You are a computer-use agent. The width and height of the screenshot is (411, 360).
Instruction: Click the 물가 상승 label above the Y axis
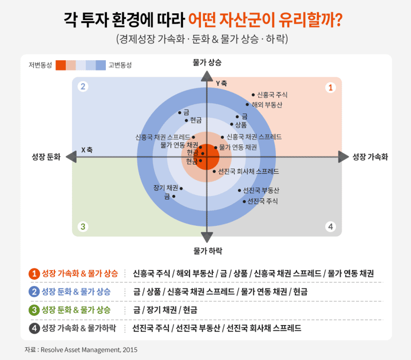pyautogui.click(x=207, y=62)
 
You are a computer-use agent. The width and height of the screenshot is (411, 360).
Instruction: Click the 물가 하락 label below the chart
pyautogui.click(x=207, y=250)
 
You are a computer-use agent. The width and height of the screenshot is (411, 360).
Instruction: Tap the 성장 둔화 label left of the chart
pyautogui.click(x=46, y=157)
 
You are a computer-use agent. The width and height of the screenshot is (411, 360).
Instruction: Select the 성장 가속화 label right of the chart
pyautogui.click(x=370, y=157)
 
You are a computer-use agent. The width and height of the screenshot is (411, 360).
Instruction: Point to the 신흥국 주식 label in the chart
pyautogui.click(x=272, y=95)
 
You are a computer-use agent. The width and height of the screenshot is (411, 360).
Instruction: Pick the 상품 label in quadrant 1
pyautogui.click(x=241, y=125)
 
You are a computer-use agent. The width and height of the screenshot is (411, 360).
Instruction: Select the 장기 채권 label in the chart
pyautogui.click(x=165, y=188)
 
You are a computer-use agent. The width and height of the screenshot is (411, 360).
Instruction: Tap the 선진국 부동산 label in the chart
pyautogui.click(x=261, y=190)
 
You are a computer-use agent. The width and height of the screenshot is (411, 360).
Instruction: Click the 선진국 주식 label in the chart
pyautogui.click(x=263, y=201)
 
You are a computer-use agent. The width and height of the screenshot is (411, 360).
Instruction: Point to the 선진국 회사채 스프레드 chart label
pyautogui.click(x=249, y=171)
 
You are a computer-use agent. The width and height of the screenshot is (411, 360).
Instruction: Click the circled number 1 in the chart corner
pyautogui.click(x=331, y=88)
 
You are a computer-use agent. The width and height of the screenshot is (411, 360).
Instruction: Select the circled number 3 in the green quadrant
pyautogui.click(x=82, y=226)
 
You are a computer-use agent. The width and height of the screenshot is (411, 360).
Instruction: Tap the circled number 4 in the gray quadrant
pyautogui.click(x=331, y=226)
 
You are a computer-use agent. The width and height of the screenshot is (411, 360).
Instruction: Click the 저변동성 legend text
pyautogui.click(x=41, y=65)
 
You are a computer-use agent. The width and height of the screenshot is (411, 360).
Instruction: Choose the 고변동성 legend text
pyautogui.click(x=121, y=65)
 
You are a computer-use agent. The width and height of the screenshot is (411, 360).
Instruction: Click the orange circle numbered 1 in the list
pyautogui.click(x=34, y=273)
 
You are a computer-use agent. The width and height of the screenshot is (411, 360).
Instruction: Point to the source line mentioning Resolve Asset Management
pyautogui.click(x=81, y=350)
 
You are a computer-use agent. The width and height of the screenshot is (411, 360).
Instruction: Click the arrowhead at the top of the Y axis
pyautogui.click(x=207, y=76)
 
